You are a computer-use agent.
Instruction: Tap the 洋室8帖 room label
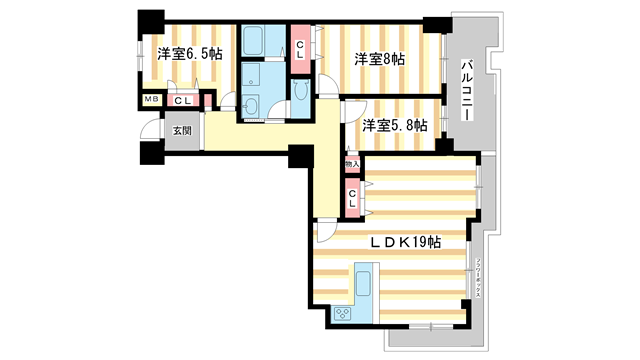pos(378,59)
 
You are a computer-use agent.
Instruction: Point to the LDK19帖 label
pos(404,241)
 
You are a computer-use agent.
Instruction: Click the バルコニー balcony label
pos(467,91)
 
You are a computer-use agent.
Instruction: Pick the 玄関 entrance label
pos(180,131)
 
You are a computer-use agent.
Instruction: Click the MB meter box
pos(152,100)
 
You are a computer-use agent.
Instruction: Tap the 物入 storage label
pos(351,163)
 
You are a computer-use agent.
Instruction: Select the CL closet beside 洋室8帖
pos(300,49)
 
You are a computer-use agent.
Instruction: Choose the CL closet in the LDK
pos(352,197)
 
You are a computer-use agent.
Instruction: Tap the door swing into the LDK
pos(327,231)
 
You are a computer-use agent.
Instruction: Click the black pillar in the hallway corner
pos(297,156)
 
